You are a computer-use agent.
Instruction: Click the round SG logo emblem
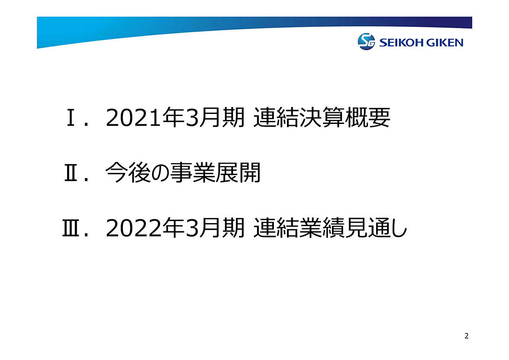coord(366,42)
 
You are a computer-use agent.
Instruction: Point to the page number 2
coord(467,336)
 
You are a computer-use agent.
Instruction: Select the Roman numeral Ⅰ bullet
coord(71,118)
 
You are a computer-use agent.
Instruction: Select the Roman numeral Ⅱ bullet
coord(71,173)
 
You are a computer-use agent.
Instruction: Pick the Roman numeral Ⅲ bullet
coord(71,228)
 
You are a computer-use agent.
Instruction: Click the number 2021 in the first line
coord(133,118)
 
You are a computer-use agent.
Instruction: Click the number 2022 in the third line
coord(133,228)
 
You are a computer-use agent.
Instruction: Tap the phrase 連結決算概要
coord(322,117)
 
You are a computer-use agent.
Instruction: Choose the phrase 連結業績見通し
coord(330,228)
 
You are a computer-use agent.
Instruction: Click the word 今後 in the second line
coord(127,172)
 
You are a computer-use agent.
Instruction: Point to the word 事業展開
coord(216,172)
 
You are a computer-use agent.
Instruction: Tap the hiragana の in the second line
coord(160,173)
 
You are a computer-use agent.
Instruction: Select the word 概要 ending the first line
coord(367,117)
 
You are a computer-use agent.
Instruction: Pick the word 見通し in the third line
coord(376,228)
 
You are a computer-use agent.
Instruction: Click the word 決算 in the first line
coord(322,117)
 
